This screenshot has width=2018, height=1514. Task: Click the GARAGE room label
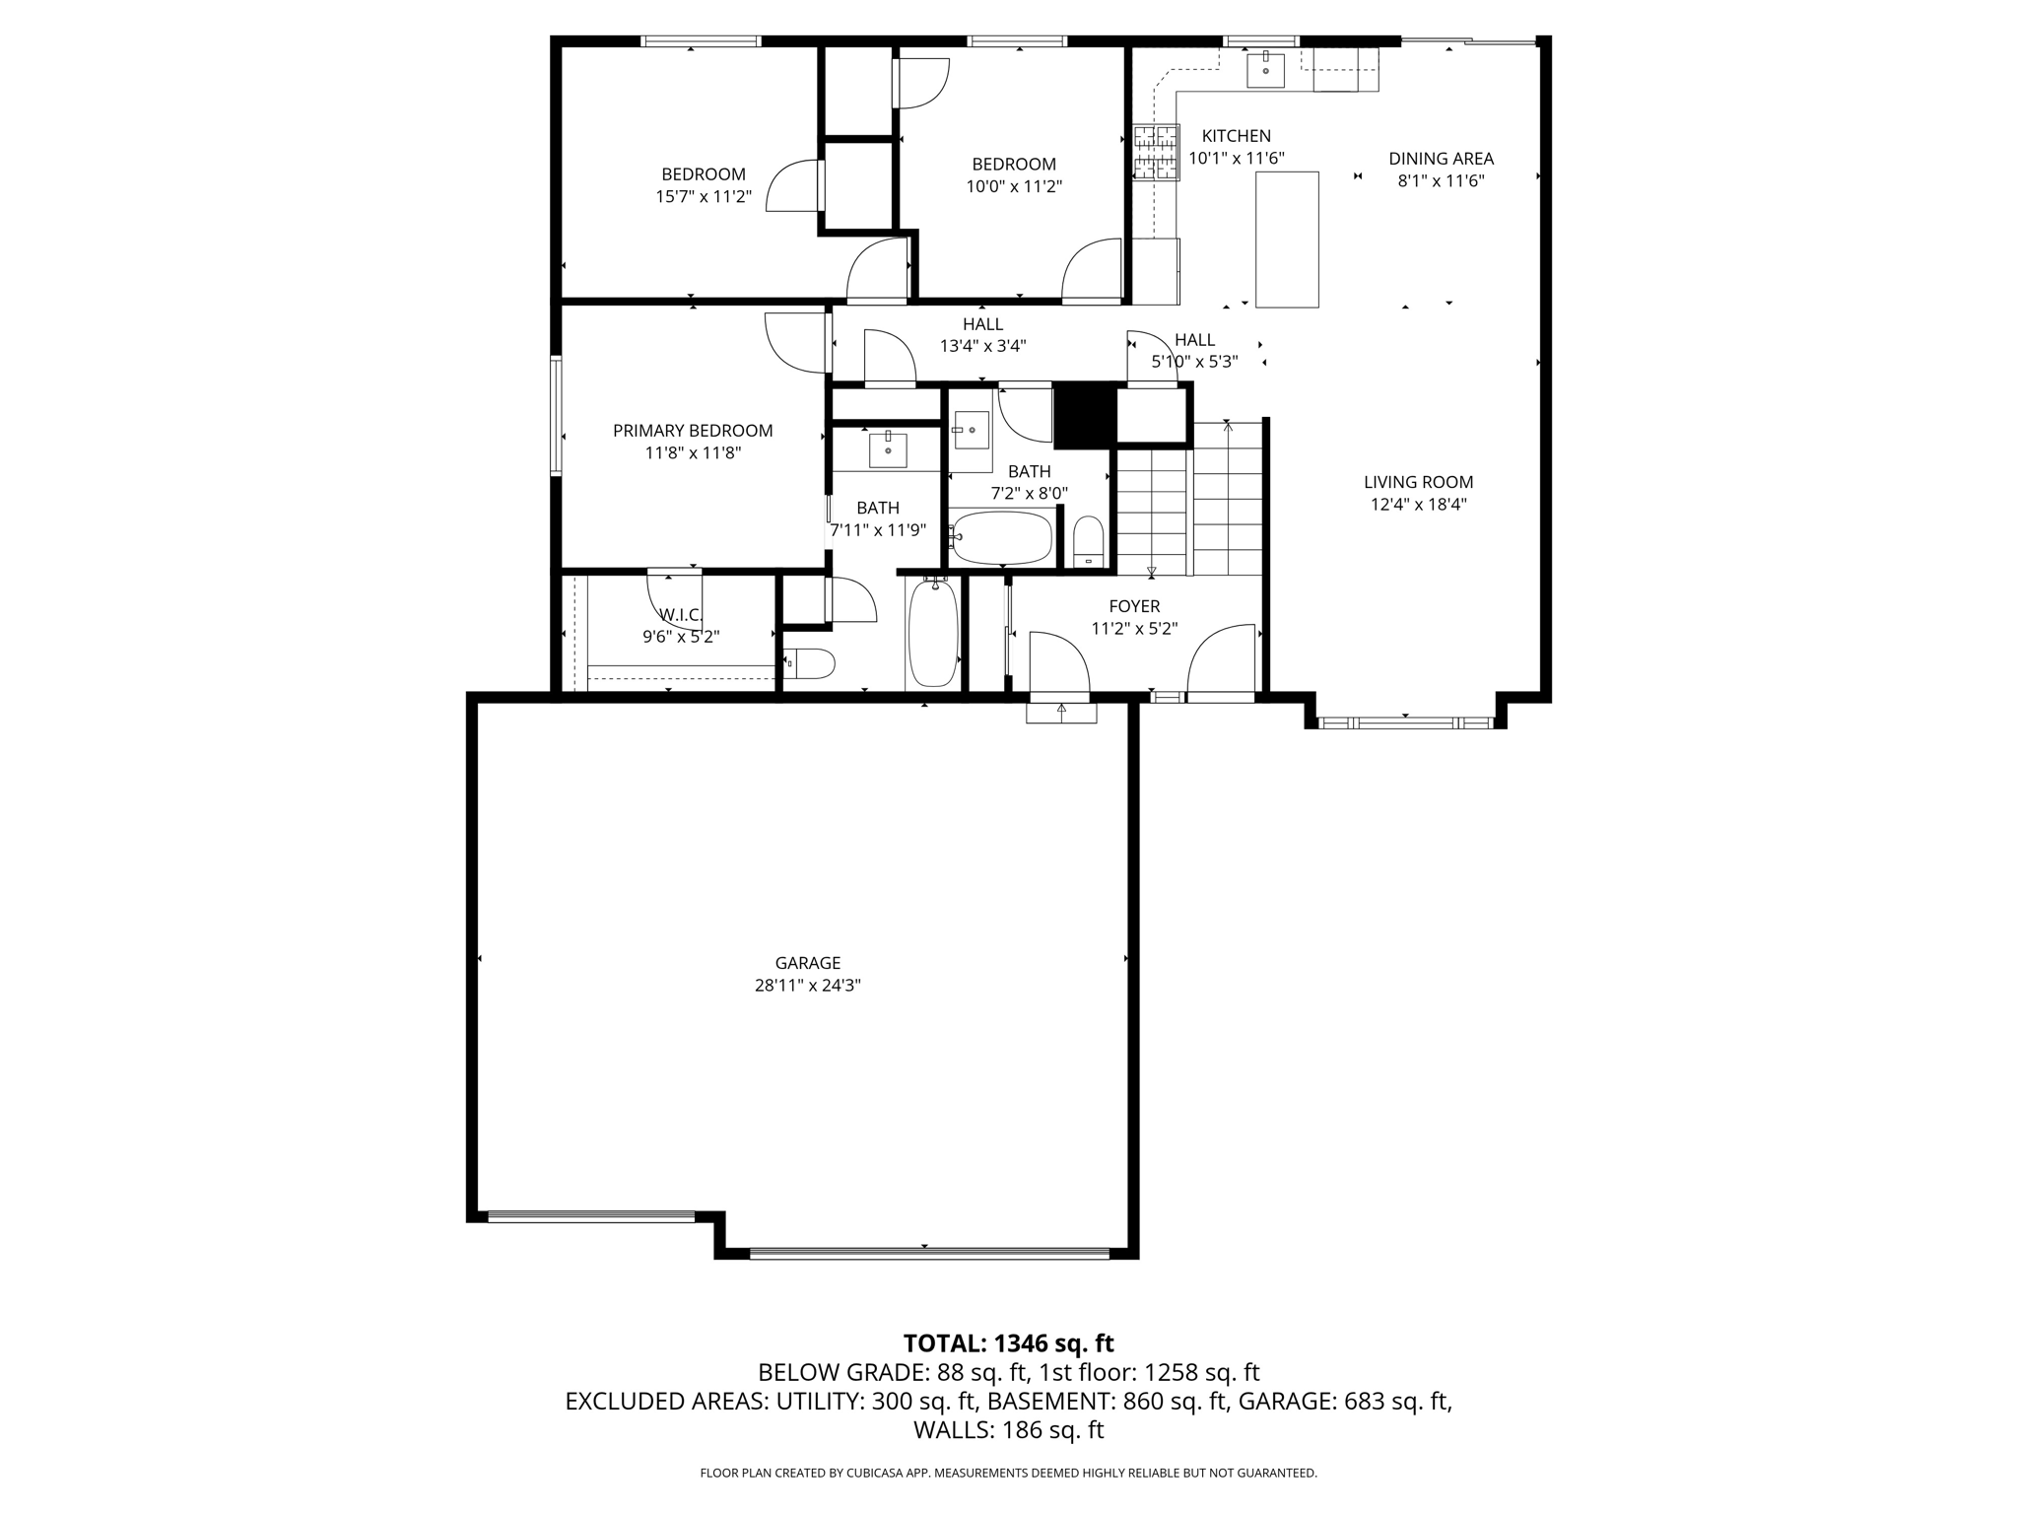[x=807, y=963]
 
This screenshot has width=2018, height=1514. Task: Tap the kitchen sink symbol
[x=1265, y=70]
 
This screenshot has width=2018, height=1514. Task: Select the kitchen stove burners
[x=1155, y=153]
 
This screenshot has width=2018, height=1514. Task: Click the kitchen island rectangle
[x=1287, y=240]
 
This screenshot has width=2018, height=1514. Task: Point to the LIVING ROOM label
[x=1418, y=482]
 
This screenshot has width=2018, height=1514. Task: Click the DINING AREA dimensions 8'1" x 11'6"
[x=1441, y=181]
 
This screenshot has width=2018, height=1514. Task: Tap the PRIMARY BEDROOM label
[x=693, y=431]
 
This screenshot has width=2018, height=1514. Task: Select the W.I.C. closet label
[x=681, y=615]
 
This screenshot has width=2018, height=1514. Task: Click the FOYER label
[x=1134, y=606]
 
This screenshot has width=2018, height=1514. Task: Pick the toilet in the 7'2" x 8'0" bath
[x=1088, y=542]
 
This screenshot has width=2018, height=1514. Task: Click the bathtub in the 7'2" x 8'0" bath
[x=1002, y=537]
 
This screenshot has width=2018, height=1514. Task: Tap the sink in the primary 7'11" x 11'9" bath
[x=889, y=449]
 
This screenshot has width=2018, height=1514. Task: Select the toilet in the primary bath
[x=810, y=663]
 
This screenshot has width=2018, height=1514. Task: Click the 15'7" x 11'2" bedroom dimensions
[x=704, y=197]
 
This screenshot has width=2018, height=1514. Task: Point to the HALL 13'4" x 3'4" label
[x=982, y=324]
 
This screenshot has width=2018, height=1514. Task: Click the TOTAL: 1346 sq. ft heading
[x=1008, y=1343]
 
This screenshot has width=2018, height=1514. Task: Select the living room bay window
[x=1405, y=723]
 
